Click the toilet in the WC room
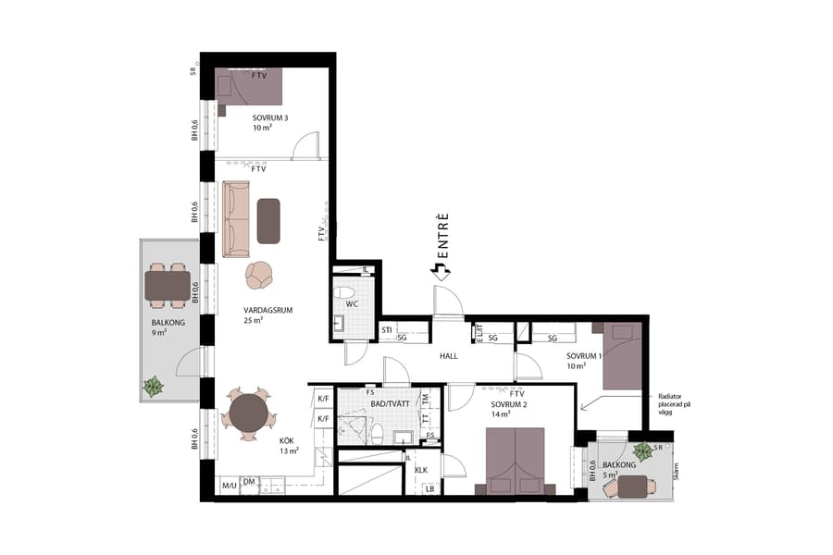coord(344,291)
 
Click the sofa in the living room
coord(236,219)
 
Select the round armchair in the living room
coord(260,274)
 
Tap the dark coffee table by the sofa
coord(268,221)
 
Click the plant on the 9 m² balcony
coord(152,385)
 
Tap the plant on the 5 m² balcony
coord(640,452)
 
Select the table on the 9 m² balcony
coord(168,286)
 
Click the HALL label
coord(449,355)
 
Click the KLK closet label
coord(421,469)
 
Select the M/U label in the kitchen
coord(228,486)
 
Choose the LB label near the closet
coord(430,488)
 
